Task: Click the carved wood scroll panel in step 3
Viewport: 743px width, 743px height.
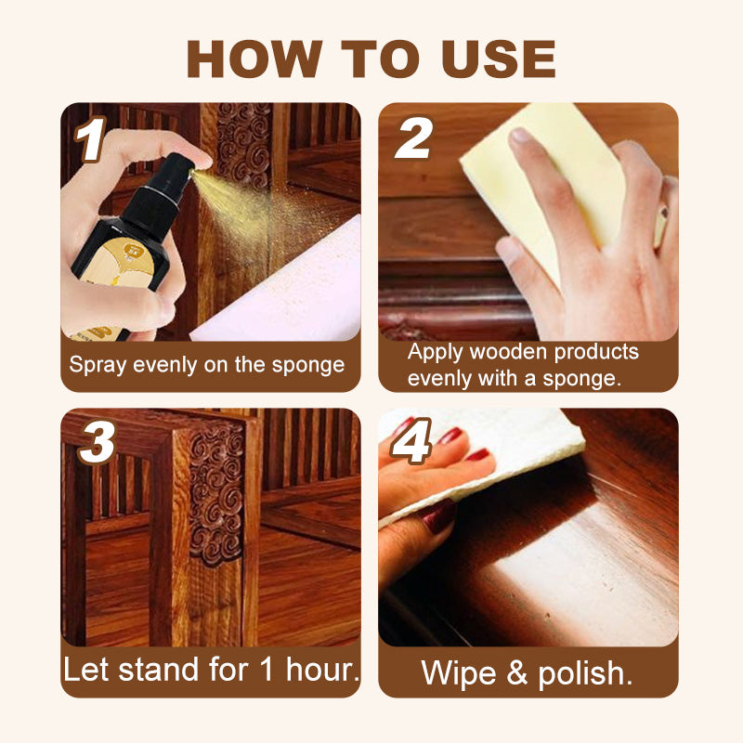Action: pyautogui.click(x=215, y=492)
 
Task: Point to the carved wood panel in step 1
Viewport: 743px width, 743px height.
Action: pyautogui.click(x=243, y=149)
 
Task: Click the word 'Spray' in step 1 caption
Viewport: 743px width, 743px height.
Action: pyautogui.click(x=98, y=364)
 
